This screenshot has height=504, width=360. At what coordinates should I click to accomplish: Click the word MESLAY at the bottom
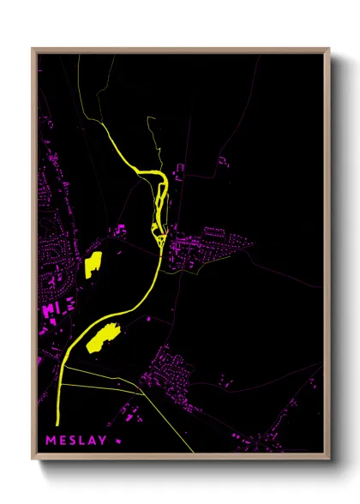pyautogui.click(x=77, y=441)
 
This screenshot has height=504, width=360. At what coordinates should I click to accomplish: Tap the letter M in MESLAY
pyautogui.click(x=51, y=441)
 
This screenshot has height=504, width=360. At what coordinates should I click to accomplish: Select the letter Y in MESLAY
pyautogui.click(x=103, y=441)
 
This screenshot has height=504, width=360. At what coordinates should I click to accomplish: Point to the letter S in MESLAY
pyautogui.click(x=73, y=441)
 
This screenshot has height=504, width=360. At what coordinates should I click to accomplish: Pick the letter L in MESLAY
pyautogui.click(x=83, y=441)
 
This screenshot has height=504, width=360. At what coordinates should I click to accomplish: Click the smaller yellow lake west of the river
pyautogui.click(x=93, y=263)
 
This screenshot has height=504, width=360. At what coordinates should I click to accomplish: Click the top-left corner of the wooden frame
pyautogui.click(x=33, y=49)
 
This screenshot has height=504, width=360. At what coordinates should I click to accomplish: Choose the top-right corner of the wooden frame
pyautogui.click(x=329, y=49)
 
